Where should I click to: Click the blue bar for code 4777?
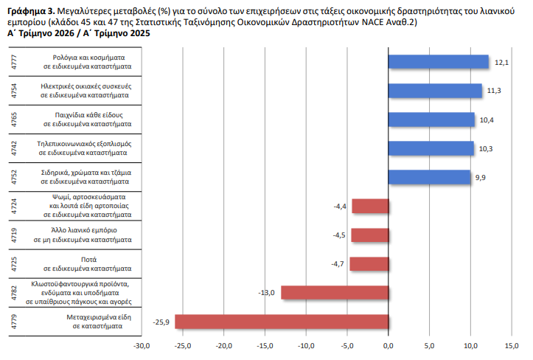[438, 62]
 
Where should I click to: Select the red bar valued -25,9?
[282, 322]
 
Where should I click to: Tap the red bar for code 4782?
[335, 293]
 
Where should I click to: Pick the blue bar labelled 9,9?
[429, 177]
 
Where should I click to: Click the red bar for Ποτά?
[369, 264]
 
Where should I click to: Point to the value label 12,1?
[501, 63]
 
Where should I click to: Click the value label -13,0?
[266, 293]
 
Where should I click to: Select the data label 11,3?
[494, 91]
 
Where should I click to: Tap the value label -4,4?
[340, 207]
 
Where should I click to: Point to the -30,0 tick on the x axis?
[142, 346]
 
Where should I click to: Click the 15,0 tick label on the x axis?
[512, 346]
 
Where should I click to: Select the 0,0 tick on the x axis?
[389, 346]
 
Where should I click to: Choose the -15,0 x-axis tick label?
[265, 346]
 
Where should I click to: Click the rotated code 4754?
[14, 91]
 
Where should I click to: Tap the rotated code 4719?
[14, 235]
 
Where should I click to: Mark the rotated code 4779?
[14, 322]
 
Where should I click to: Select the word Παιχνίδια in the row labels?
[69, 115]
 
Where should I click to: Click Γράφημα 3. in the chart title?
[31, 11]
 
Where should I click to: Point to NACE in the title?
[373, 22]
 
